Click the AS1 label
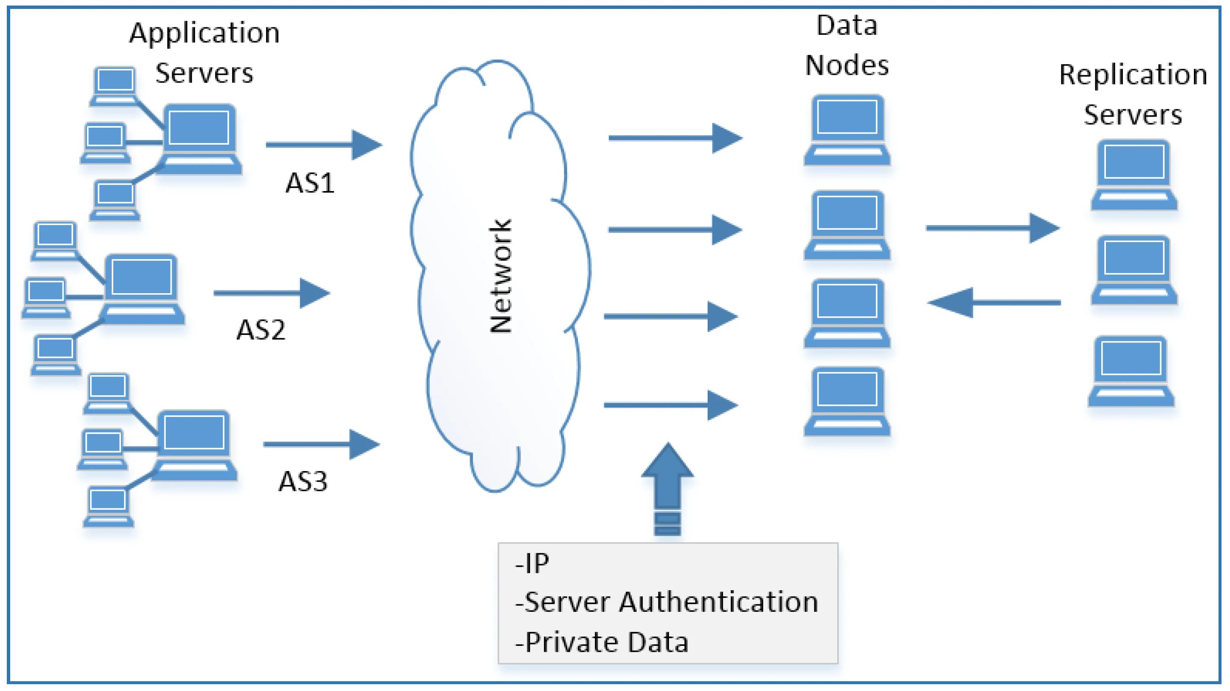[310, 183]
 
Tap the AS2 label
[261, 330]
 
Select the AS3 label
[303, 481]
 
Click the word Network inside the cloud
[501, 276]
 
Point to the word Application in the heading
[204, 34]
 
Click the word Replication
[1133, 75]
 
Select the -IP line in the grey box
[532, 563]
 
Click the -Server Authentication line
[666, 602]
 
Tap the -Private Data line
[602, 642]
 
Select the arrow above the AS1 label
[324, 144]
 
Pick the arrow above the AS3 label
[321, 444]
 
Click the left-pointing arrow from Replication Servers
[993, 303]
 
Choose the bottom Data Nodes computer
[847, 401]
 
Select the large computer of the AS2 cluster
[142, 289]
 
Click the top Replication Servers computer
[1134, 175]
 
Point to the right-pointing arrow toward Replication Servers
[992, 228]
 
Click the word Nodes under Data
[847, 66]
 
